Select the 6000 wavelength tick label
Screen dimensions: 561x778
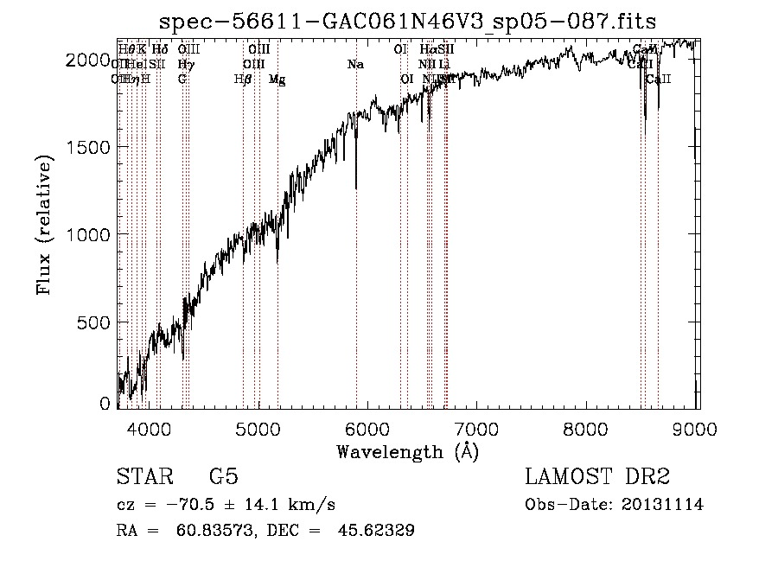[367, 426]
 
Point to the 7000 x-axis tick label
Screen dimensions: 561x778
[477, 426]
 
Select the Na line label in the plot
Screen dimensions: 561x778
[355, 65]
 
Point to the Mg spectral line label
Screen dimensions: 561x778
[277, 80]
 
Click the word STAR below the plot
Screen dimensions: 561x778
[143, 477]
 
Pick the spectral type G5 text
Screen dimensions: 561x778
[223, 477]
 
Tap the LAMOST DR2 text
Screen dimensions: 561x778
[597, 477]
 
